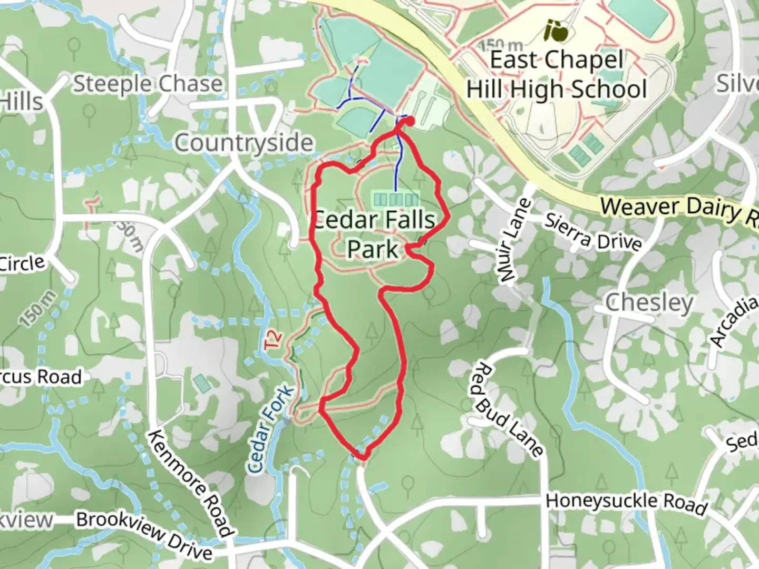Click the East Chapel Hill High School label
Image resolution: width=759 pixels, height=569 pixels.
[557, 75]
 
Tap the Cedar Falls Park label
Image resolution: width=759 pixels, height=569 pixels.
[374, 234]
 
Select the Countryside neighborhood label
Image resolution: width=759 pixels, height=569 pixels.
[244, 143]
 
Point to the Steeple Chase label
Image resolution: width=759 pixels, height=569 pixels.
[148, 84]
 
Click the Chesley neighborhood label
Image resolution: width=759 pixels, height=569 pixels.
[649, 303]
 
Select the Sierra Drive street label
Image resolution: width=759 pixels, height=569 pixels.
[593, 232]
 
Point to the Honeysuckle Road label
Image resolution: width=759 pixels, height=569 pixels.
[626, 503]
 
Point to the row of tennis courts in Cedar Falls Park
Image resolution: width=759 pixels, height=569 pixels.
[396, 199]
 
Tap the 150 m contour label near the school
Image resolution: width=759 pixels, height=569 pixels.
[501, 46]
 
